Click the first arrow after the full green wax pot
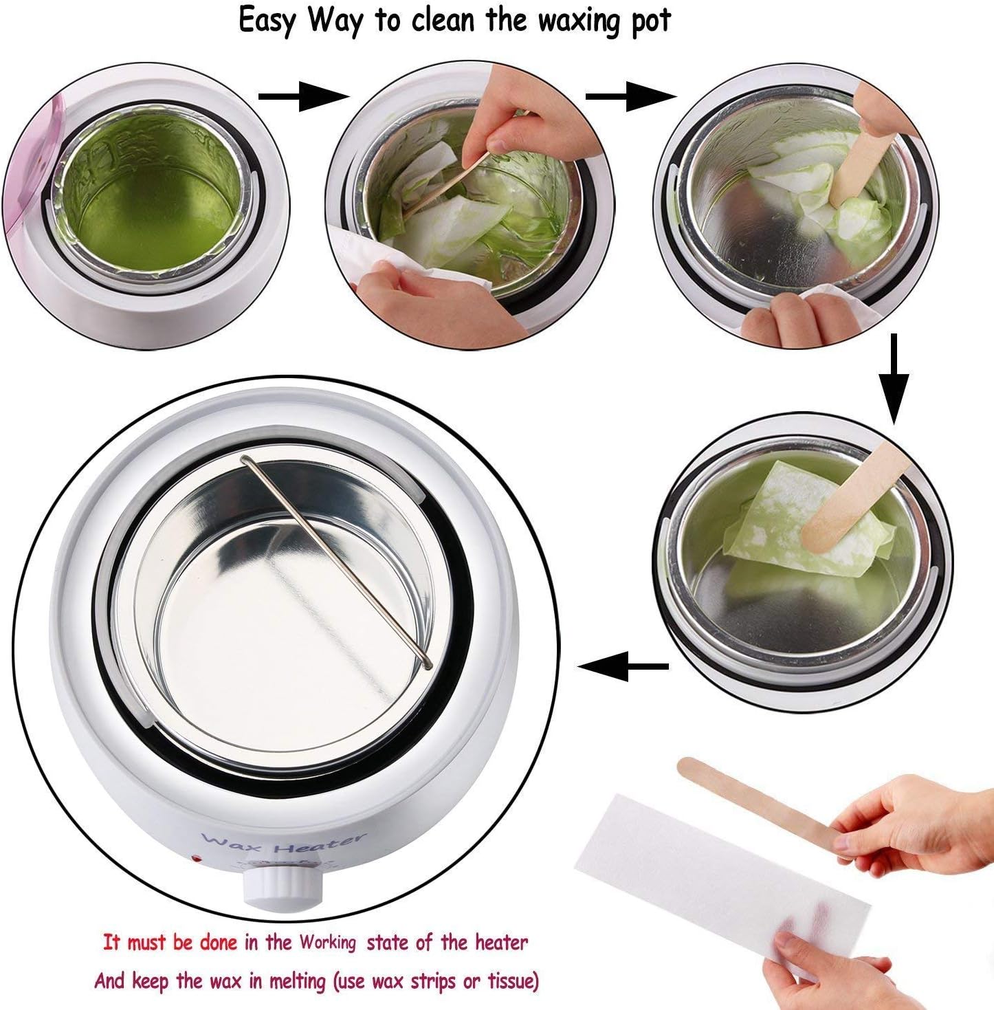click(304, 96)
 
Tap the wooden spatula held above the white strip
click(760, 802)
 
